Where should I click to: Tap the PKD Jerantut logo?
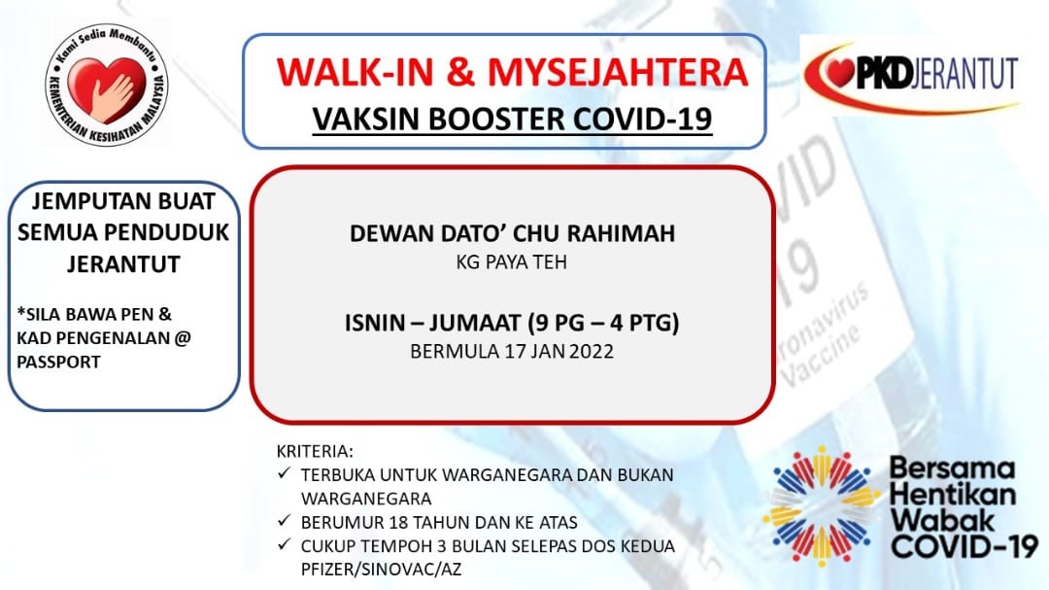[x=910, y=75]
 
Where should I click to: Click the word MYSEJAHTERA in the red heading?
[x=618, y=72]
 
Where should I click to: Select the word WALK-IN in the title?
[x=356, y=72]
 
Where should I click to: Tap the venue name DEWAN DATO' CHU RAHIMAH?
[x=513, y=233]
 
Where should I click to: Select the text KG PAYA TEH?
[x=512, y=261]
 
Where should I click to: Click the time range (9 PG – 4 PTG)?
[x=603, y=324]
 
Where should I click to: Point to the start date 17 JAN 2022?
[x=559, y=352]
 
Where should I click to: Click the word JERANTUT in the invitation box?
[x=123, y=263]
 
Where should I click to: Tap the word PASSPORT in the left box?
[x=59, y=362]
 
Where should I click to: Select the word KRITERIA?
[x=315, y=451]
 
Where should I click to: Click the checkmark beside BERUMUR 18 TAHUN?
[x=285, y=520]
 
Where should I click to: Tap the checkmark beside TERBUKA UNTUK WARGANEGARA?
[x=285, y=472]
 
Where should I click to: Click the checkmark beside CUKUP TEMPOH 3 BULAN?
[x=285, y=543]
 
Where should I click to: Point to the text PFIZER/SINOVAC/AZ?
[x=382, y=570]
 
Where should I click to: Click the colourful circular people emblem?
[x=820, y=506]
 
